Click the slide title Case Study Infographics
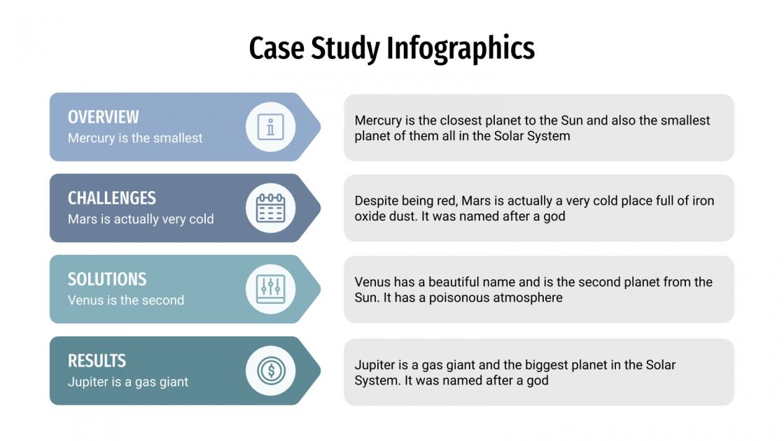coord(391,48)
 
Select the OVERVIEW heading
coord(103,117)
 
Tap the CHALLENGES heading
coord(111,198)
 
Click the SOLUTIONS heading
coord(107,279)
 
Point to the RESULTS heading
coord(97,360)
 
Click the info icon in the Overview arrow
coord(270,127)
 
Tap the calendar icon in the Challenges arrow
coord(270,208)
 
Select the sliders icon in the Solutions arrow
coord(270,289)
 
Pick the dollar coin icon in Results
coord(270,370)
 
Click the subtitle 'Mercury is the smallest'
coord(135,138)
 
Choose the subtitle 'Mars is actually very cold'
coord(141,219)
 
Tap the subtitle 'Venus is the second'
coord(126,300)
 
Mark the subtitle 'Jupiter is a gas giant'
coord(128,382)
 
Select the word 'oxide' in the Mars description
coord(370,216)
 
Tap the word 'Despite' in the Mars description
coord(377,201)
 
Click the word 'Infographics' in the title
coord(461,48)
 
